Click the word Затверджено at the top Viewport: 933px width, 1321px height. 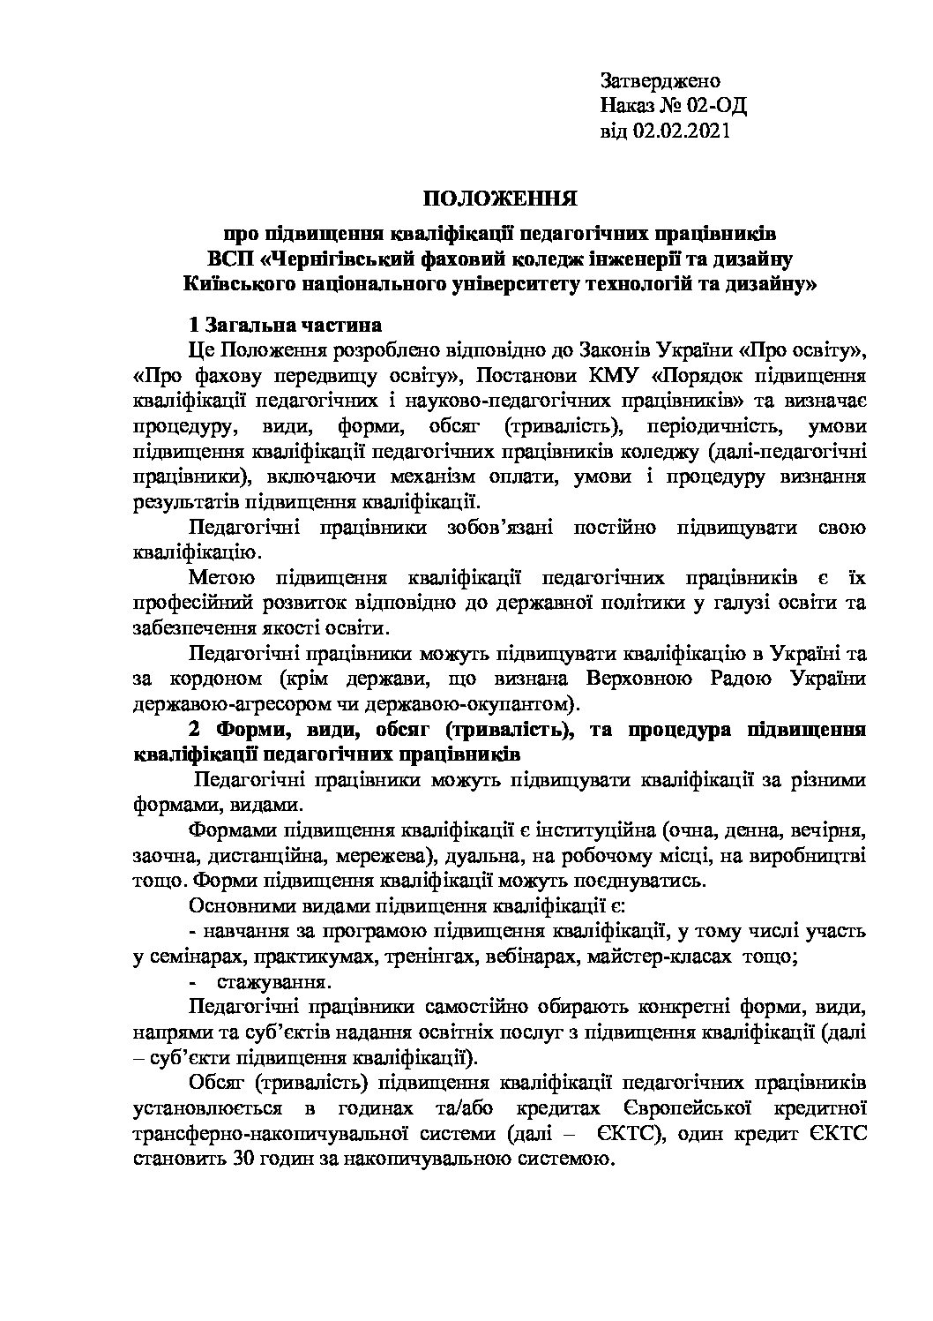661,81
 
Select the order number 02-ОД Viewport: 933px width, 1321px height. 716,106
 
